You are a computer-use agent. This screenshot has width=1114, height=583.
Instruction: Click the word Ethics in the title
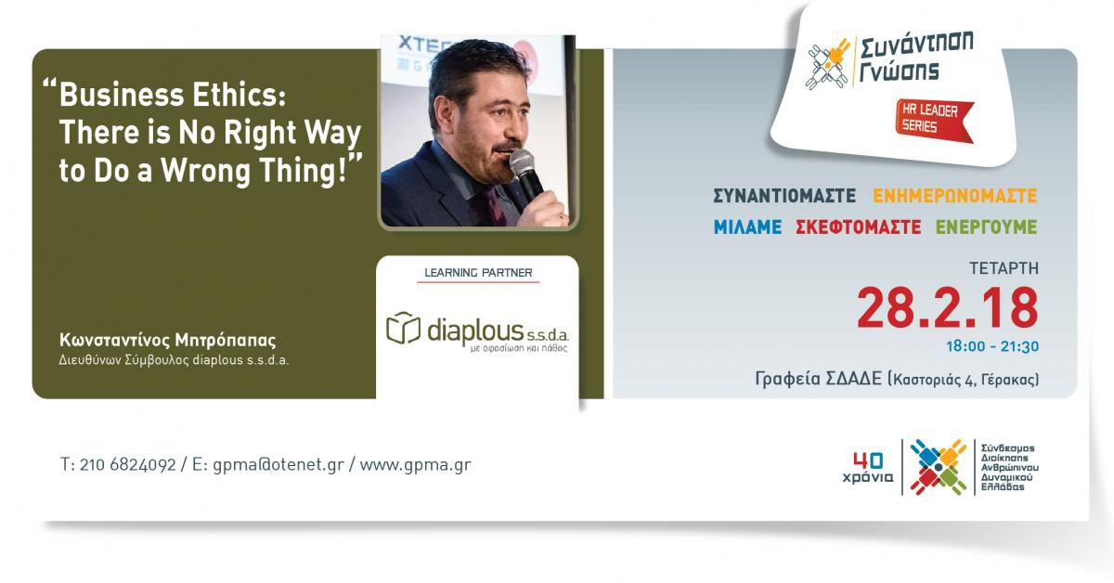[240, 95]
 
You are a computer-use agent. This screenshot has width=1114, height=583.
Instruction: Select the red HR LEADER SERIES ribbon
[934, 121]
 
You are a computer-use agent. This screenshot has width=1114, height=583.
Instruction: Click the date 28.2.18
[948, 308]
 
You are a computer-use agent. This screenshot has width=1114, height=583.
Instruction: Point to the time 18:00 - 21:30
[992, 346]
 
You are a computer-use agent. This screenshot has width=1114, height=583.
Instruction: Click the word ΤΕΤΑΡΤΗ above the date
[1004, 268]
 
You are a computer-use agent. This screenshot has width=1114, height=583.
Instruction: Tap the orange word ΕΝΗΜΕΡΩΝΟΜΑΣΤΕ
[955, 196]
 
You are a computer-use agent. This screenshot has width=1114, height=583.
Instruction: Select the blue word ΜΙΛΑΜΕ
[747, 227]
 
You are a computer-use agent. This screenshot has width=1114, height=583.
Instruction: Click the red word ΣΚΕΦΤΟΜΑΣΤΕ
[859, 227]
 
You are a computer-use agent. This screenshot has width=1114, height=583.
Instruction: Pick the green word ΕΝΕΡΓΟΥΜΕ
[987, 227]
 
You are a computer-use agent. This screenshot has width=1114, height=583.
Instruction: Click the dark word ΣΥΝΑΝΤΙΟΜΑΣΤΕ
[784, 196]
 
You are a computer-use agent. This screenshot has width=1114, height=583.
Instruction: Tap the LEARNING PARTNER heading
[478, 273]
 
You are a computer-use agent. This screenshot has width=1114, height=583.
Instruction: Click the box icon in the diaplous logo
[403, 328]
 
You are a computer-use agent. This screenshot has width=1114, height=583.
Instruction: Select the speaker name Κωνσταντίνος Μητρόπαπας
[168, 341]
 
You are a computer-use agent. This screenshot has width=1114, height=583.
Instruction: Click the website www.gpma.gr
[415, 465]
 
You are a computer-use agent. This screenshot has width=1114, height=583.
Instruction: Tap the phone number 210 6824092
[128, 465]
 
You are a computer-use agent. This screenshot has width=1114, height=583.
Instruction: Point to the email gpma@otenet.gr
[278, 465]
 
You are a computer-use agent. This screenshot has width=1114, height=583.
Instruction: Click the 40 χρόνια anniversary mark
[868, 467]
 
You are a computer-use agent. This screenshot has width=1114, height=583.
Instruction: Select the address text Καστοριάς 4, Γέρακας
[965, 380]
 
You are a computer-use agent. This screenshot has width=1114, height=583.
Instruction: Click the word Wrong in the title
[205, 171]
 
